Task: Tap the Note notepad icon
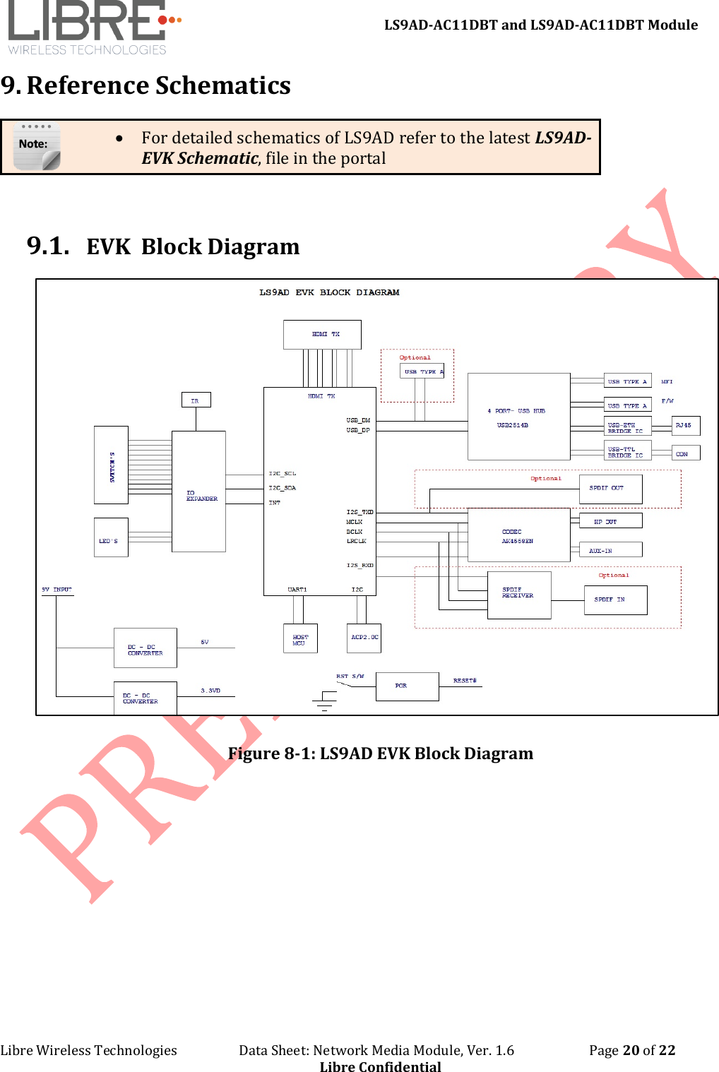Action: pyautogui.click(x=37, y=146)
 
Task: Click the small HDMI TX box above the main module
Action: pyautogui.click(x=322, y=334)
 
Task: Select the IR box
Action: pyautogui.click(x=196, y=400)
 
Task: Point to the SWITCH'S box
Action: pyautogui.click(x=111, y=465)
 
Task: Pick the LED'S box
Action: pyautogui.click(x=111, y=537)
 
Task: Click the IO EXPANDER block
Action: pyautogui.click(x=198, y=492)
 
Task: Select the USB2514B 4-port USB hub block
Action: pyautogui.click(x=518, y=417)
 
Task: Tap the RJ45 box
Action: pyautogui.click(x=685, y=426)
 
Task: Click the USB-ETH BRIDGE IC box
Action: pyautogui.click(x=627, y=428)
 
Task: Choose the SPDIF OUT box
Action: pyautogui.click(x=610, y=489)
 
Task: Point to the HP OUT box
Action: pyautogui.click(x=610, y=521)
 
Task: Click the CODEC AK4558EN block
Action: pyautogui.click(x=518, y=535)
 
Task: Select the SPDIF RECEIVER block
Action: pyautogui.click(x=519, y=595)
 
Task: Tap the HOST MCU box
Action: pyautogui.click(x=300, y=638)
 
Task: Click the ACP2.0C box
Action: pyautogui.click(x=364, y=638)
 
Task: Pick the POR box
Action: pyautogui.click(x=407, y=686)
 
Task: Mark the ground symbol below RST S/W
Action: pyautogui.click(x=325, y=703)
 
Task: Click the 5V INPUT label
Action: pyautogui.click(x=57, y=590)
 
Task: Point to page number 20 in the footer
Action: pyautogui.click(x=631, y=1050)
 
